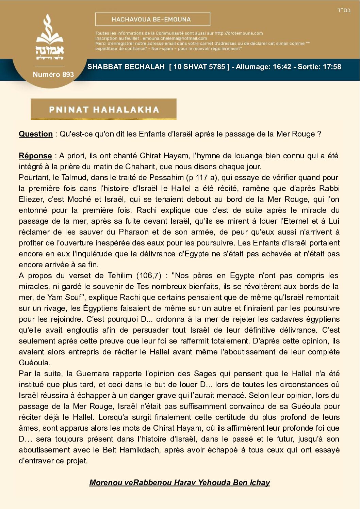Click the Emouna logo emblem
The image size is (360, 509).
50,37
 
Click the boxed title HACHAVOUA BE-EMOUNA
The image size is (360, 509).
152,19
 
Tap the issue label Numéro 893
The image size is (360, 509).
53,75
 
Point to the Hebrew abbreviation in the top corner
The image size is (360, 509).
344,10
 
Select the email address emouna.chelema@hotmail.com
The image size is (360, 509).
175,38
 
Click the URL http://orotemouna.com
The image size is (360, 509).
239,33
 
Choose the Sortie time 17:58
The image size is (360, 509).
331,67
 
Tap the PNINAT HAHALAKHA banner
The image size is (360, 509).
103,109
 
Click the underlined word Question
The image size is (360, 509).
36,134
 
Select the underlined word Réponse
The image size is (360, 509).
35,156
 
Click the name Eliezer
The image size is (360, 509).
31,199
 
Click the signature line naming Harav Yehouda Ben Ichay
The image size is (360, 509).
179,482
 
